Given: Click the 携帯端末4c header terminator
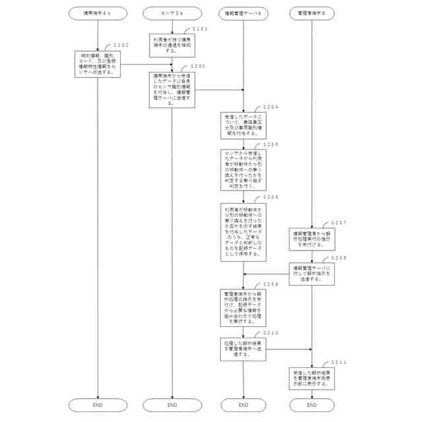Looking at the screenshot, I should coord(98,14).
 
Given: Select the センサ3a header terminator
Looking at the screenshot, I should coord(171,14).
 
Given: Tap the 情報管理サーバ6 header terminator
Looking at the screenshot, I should coord(243,14).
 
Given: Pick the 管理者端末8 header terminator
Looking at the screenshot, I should coord(312,14).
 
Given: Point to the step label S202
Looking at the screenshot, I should coord(120,45).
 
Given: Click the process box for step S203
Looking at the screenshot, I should coord(171,89).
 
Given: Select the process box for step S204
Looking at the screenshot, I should coord(243,124).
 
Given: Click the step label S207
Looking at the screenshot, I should coord(339,223).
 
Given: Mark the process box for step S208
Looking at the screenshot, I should coord(312,274).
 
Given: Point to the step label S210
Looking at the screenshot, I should coord(270,333).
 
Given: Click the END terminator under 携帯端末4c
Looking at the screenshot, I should coord(98,405).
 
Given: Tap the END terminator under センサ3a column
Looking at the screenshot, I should coord(171,405).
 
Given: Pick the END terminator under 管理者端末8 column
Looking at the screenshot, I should coord(312,405).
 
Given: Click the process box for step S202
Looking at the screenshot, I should coord(98,64).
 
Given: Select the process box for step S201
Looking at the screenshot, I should coord(171,45).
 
